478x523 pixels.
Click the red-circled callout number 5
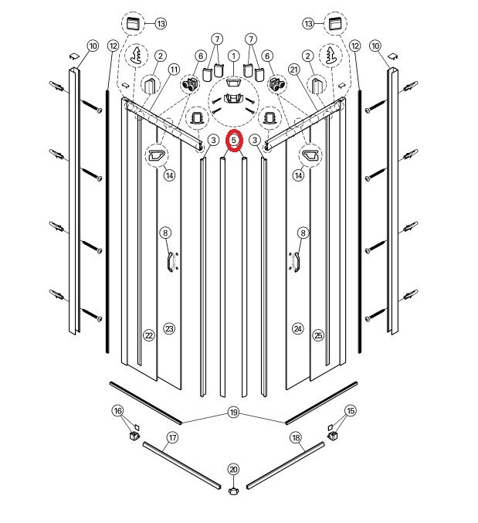pos(234,140)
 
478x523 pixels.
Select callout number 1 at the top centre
pos(234,56)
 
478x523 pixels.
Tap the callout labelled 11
pos(174,70)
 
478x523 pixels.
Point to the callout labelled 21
pos(294,70)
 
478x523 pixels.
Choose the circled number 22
pos(149,335)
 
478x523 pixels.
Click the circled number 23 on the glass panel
pos(169,329)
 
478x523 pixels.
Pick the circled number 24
pos(297,329)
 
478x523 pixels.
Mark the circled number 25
pos(319,335)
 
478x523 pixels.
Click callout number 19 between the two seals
pos(234,413)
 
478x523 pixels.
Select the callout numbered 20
pos(234,470)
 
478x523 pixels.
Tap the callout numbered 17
pos(172,437)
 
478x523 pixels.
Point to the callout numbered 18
pos(296,437)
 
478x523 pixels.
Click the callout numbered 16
pos(117,410)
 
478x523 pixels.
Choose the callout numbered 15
pos(351,410)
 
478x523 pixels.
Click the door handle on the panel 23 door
pos(171,262)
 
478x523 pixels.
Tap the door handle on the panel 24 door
pos(296,262)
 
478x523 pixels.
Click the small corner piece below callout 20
pos(234,491)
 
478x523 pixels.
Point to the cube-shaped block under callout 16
pos(134,436)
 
